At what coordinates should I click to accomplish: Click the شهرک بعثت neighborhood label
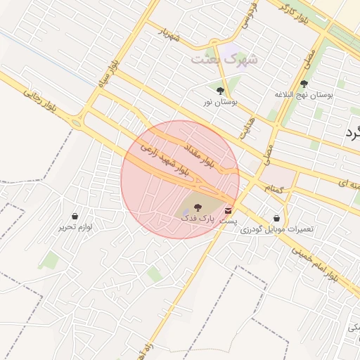tap(225, 59)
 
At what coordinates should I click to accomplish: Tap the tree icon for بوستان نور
tap(220, 90)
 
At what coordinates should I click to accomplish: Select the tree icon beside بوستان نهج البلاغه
tap(304, 83)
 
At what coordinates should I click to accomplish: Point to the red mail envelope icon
tap(229, 210)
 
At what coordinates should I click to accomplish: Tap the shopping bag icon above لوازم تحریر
tap(75, 216)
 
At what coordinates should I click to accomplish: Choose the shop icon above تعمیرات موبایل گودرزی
tap(276, 219)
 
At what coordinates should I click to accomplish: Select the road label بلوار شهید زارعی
tap(165, 160)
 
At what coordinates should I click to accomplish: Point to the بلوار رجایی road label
tap(40, 101)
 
